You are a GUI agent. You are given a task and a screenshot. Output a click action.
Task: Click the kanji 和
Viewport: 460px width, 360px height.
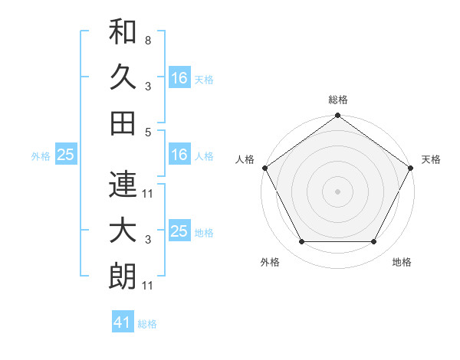pyautogui.click(x=123, y=32)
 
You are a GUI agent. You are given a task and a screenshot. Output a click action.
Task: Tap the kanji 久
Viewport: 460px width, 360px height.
pyautogui.click(x=123, y=77)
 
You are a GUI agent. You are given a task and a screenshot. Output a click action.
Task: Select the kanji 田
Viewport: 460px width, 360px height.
pyautogui.click(x=123, y=123)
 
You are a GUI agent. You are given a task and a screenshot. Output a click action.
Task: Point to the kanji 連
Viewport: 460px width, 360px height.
pyautogui.click(x=123, y=185)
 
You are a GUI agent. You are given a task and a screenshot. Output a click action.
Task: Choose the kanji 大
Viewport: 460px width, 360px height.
pyautogui.click(x=123, y=231)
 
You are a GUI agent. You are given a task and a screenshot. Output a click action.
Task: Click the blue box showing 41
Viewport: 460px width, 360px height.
pyautogui.click(x=123, y=322)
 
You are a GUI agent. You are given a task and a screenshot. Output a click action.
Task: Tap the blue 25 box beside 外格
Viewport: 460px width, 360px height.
pyautogui.click(x=65, y=155)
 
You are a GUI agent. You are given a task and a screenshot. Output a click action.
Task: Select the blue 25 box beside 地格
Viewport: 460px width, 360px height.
pyautogui.click(x=179, y=231)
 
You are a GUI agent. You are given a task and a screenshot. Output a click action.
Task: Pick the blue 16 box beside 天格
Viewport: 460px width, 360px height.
pyautogui.click(x=179, y=78)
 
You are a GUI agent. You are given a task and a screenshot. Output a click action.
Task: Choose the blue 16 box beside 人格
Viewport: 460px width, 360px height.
pyautogui.click(x=179, y=155)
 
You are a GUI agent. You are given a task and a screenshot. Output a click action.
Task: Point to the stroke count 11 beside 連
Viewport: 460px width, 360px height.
pyautogui.click(x=148, y=194)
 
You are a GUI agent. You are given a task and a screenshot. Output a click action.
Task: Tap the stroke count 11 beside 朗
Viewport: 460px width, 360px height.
pyautogui.click(x=148, y=286)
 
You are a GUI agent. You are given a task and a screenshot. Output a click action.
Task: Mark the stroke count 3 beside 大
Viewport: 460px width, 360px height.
pyautogui.click(x=147, y=240)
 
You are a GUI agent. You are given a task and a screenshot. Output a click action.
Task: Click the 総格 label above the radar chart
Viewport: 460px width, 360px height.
pyautogui.click(x=337, y=100)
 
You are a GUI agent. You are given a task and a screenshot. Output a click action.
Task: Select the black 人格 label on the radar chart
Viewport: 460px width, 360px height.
pyautogui.click(x=245, y=159)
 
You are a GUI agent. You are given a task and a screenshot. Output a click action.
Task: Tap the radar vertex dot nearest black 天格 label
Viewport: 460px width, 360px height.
pyautogui.click(x=410, y=168)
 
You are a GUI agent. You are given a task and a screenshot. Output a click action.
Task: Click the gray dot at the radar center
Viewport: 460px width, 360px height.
pyautogui.click(x=337, y=191)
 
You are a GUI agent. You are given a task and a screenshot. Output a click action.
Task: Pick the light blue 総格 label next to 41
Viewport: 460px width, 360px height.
pyautogui.click(x=147, y=324)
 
